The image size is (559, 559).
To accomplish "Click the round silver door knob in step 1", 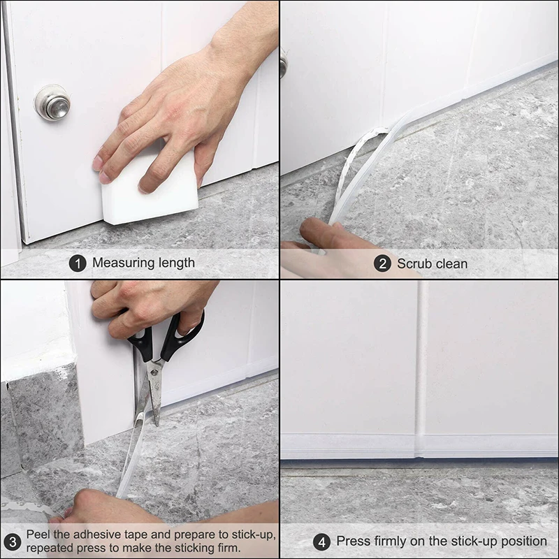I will (52, 103).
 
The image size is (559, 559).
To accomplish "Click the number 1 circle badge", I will (78, 263).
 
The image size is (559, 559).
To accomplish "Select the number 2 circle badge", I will (382, 263).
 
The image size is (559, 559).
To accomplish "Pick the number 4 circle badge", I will (321, 542).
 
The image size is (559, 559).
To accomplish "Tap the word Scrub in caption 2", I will (413, 263).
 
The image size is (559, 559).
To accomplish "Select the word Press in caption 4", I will (354, 542).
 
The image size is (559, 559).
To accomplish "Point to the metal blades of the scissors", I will (152, 391).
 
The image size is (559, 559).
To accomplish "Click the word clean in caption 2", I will (451, 263).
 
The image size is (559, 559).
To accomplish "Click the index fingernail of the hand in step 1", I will (98, 163).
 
